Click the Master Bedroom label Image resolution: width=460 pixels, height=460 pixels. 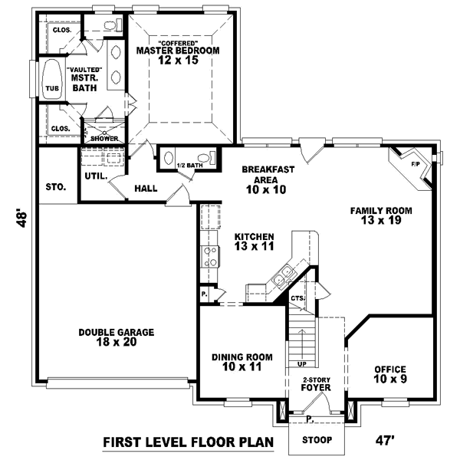tap(178, 51)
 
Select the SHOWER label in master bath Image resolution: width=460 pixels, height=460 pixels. tap(103, 138)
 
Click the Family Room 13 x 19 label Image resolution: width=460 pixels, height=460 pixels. tap(381, 215)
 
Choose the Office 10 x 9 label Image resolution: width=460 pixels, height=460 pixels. tap(389, 373)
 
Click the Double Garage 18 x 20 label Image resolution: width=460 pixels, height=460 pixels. tap(117, 337)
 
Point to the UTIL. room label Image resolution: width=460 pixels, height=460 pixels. tap(95, 176)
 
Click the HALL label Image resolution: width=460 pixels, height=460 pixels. tap(146, 188)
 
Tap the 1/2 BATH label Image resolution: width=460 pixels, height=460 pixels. tap(189, 165)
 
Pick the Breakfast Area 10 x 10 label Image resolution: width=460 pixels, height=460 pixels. tap(264, 179)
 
